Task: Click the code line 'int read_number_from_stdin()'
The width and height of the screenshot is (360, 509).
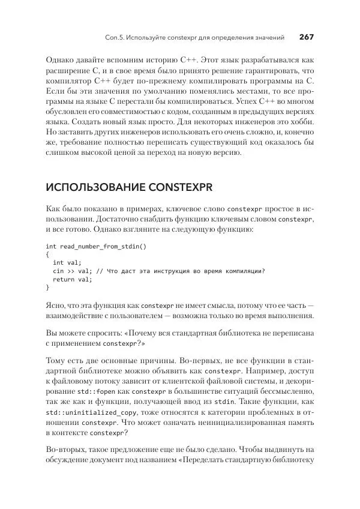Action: pos(96,246)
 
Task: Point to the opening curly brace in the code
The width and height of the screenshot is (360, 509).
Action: pos(47,254)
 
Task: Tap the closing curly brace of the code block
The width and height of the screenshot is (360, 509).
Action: pos(47,288)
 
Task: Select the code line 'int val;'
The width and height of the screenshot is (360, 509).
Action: pos(67,263)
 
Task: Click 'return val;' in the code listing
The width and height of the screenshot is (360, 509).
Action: pos(73,279)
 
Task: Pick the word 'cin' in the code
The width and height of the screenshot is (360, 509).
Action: pos(58,271)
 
